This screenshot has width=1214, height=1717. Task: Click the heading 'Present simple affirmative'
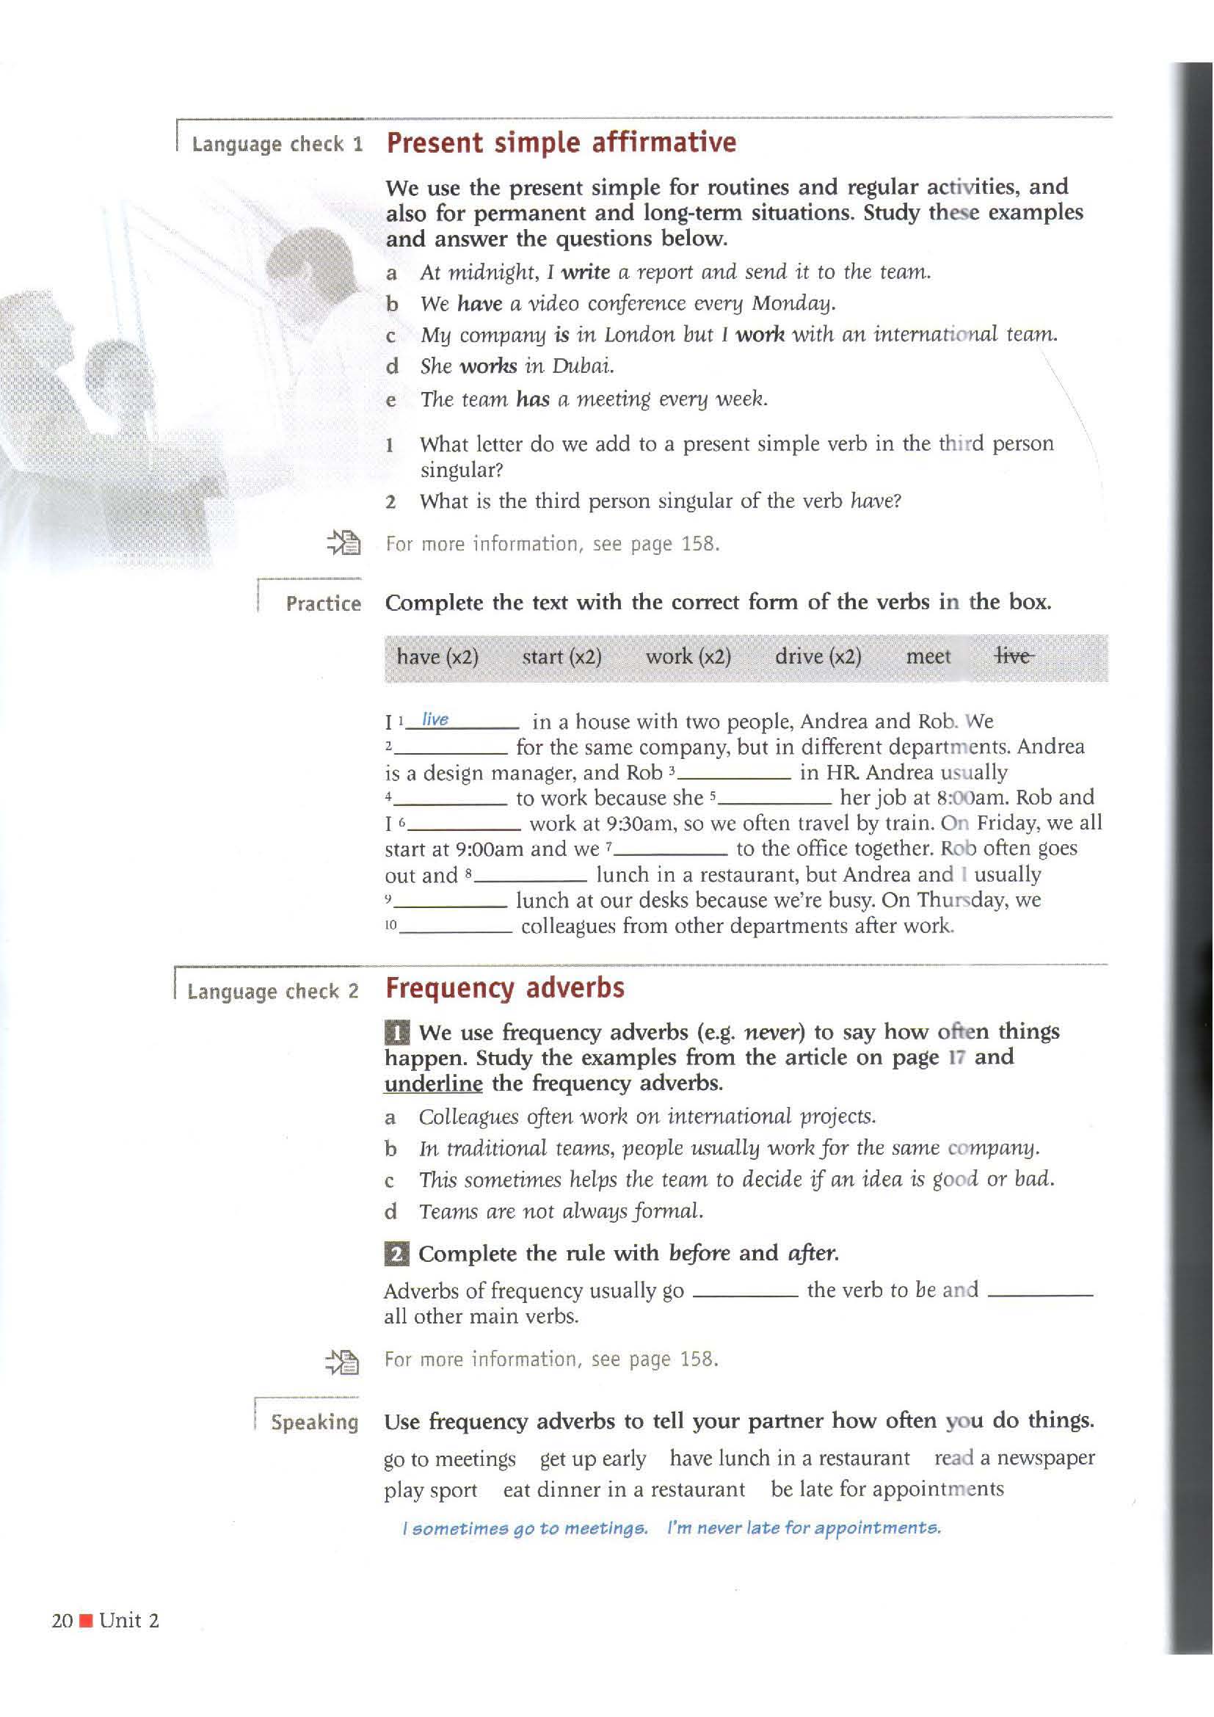[561, 143]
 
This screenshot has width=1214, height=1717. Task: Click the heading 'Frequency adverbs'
[504, 988]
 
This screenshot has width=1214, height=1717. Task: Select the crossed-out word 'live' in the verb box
[1014, 656]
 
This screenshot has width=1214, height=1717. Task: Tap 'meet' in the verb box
[928, 656]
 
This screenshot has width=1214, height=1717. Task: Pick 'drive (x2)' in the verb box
[818, 656]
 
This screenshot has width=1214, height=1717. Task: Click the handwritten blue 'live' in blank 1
[435, 719]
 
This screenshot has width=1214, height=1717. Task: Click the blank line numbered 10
[456, 930]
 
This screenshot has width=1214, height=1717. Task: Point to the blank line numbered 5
[775, 802]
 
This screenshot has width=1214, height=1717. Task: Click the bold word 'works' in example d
[488, 366]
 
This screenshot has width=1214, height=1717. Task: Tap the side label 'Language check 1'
[277, 145]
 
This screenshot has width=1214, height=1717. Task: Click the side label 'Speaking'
[315, 1422]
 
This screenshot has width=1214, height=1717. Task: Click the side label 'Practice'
[323, 603]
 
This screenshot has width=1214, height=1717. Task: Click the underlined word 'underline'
[433, 1083]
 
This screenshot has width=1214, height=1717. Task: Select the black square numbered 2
[396, 1253]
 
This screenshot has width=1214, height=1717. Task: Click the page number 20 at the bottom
[62, 1621]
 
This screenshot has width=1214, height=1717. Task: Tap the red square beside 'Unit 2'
[86, 1622]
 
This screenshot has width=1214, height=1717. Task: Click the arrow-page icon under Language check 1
[344, 542]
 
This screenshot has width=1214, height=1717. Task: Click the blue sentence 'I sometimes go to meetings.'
[526, 1528]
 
